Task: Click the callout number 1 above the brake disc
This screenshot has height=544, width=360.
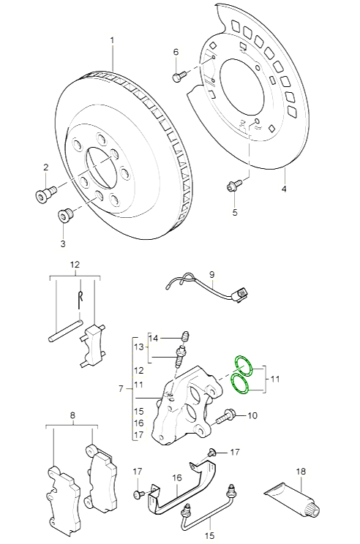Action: pos(112,41)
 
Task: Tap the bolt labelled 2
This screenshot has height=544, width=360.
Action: pos(46,192)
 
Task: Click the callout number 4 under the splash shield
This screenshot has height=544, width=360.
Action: pos(284,189)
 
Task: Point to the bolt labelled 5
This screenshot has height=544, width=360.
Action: pos(234,185)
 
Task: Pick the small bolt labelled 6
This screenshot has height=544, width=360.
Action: pos(179,76)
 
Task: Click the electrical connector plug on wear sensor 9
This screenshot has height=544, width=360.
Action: pos(239,296)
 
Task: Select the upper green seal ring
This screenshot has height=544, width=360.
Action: pos(243,366)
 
